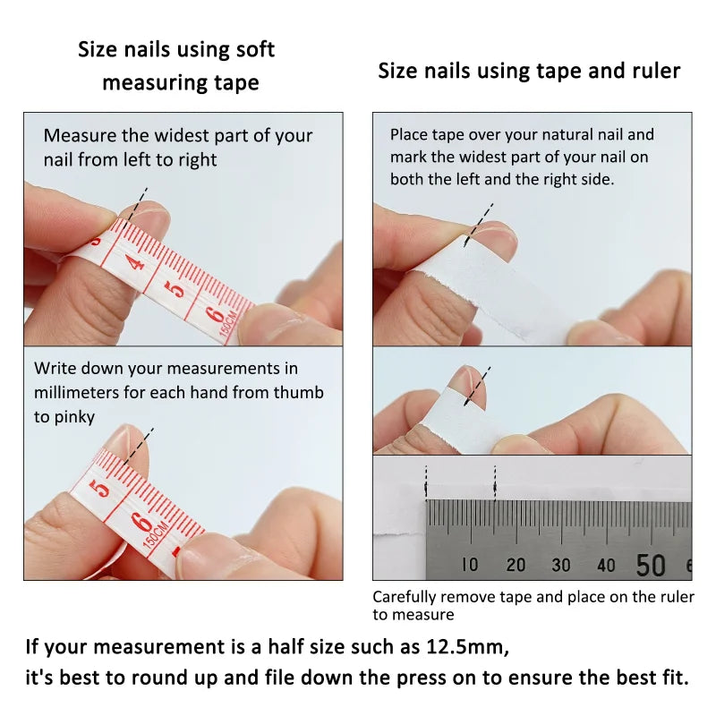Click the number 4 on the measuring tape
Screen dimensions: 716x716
pos(135,262)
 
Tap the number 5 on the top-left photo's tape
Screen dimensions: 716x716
pos(178,288)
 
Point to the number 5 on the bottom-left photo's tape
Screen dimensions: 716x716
pos(102,489)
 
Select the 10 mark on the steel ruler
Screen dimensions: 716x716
pos(470,565)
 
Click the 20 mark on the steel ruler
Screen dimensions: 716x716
pos(516,565)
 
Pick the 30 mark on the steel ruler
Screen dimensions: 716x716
pos(561,565)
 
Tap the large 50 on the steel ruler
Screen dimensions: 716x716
pos(651,565)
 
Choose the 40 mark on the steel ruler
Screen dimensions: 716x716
pos(606,565)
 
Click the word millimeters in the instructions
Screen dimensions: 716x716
pos(77,392)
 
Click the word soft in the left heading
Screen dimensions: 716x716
pos(254,49)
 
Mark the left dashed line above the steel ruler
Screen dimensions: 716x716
pos(427,483)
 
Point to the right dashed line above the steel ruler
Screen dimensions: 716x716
pos(495,483)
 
